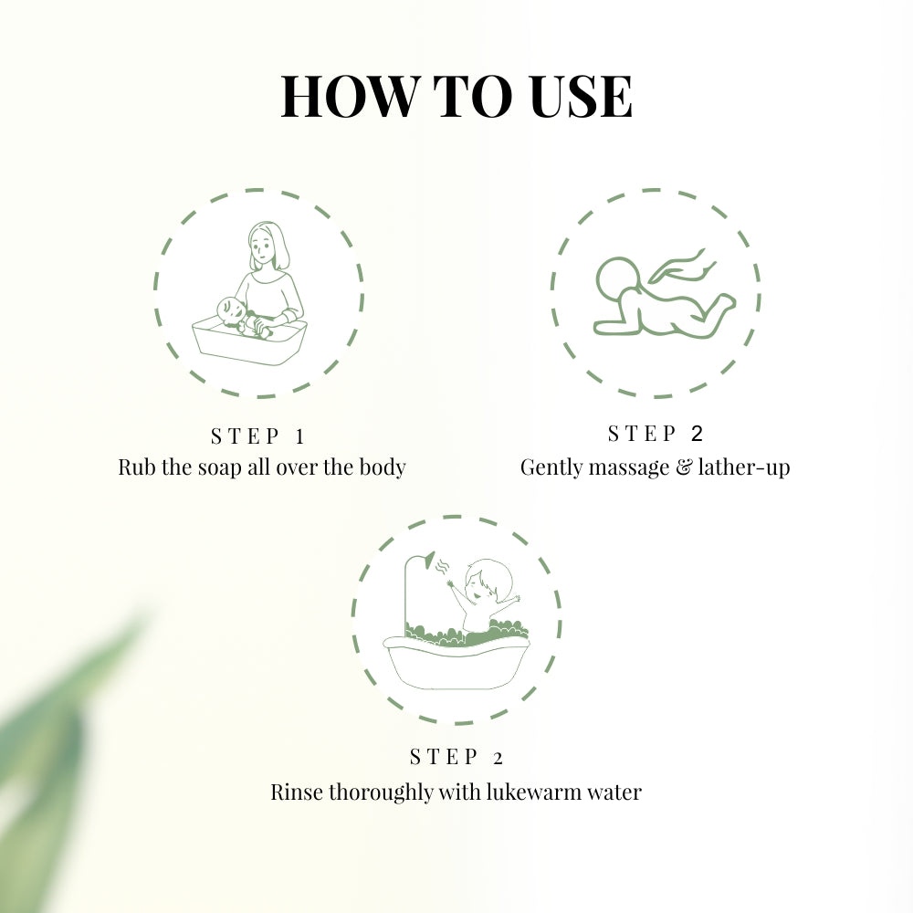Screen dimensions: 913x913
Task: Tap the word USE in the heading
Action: point(578,96)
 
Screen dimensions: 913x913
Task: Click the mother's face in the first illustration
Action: point(262,246)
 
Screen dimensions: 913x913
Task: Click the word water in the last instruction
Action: point(616,792)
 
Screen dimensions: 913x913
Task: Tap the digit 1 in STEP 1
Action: point(299,436)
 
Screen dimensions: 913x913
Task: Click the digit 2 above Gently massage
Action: point(698,433)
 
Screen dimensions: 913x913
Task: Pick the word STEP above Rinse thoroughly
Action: point(445,757)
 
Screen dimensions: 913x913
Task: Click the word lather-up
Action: point(744,467)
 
